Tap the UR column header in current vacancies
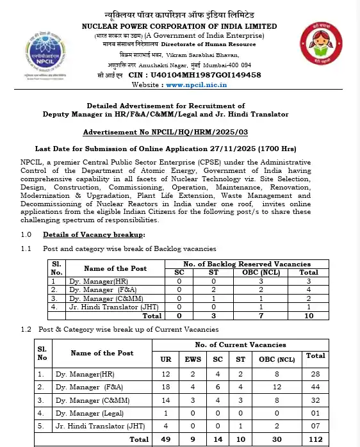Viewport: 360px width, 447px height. tap(165, 359)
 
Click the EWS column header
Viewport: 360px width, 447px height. tap(192, 359)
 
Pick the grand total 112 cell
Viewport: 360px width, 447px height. tap(315, 439)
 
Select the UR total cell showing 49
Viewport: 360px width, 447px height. tap(165, 439)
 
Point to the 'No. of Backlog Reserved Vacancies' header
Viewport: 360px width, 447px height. tap(247, 263)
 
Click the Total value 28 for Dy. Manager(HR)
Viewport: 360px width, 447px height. tap(315, 373)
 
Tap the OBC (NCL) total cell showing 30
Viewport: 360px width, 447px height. tap(276, 439)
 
